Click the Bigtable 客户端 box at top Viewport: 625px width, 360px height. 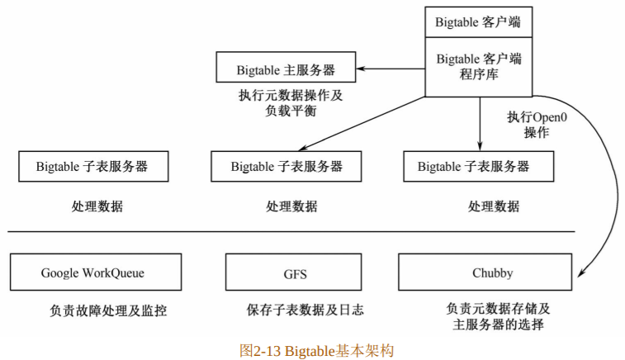tap(479, 22)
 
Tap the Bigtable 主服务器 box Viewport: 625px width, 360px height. tap(286, 68)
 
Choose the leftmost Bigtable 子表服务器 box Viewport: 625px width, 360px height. tap(92, 166)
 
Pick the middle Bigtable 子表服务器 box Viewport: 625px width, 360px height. tap(286, 166)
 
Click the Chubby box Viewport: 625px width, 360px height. tap(492, 272)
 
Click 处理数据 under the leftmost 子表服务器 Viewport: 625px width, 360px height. tap(97, 206)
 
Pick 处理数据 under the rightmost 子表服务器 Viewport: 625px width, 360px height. tap(494, 206)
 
